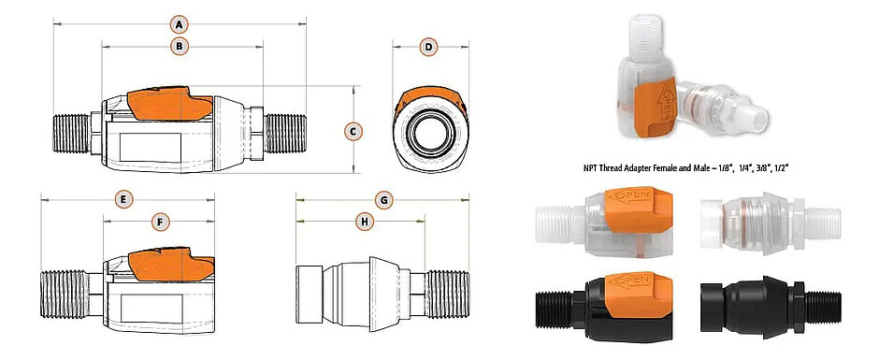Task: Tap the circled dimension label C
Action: point(353,131)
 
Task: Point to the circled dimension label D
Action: point(427,46)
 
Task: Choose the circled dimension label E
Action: point(122,199)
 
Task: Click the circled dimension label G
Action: point(383,200)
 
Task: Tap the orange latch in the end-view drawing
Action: point(428,97)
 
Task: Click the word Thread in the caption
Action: point(608,167)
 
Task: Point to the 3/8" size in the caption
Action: point(749,167)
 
